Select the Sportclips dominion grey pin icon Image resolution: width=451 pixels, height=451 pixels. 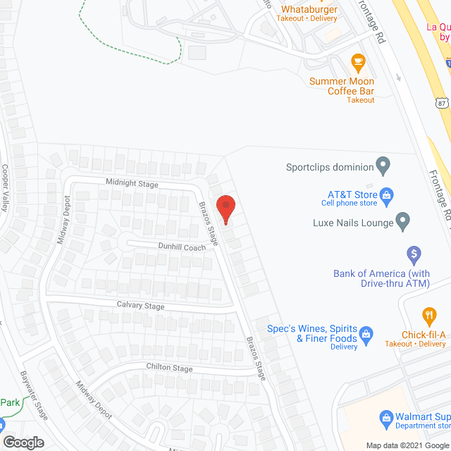(383, 167)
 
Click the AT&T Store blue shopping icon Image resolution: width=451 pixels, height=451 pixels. (386, 194)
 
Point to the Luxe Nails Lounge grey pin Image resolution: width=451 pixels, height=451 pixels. (402, 222)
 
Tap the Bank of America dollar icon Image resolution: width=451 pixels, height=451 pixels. (414, 252)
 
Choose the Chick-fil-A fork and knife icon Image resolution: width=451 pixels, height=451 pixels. (428, 314)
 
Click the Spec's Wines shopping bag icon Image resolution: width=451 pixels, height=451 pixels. (366, 332)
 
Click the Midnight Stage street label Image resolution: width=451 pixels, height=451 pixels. (132, 183)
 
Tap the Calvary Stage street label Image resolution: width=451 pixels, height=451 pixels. (140, 306)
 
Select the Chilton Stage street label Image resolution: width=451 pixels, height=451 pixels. (169, 368)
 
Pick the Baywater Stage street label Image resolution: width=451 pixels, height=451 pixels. (34, 395)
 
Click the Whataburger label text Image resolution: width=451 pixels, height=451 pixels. (309, 9)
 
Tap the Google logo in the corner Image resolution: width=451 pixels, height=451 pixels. (23, 442)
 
